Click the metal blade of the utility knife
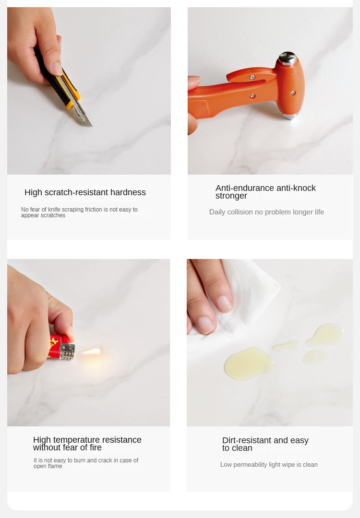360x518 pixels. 81,112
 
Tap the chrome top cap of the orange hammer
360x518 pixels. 288,58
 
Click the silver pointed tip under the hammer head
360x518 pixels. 291,116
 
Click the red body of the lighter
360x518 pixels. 55,346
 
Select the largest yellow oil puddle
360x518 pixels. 248,363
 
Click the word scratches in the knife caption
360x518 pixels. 55,215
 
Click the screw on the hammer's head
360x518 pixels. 292,93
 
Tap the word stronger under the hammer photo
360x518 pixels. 231,196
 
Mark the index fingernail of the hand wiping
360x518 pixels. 225,304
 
